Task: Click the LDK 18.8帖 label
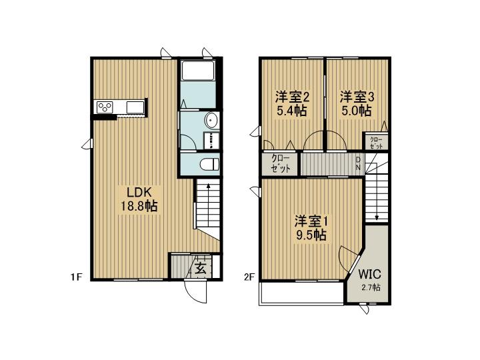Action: coord(139,199)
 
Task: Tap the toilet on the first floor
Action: coord(209,164)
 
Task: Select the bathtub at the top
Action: coord(198,71)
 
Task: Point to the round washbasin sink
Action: coord(212,120)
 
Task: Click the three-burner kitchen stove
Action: coord(105,107)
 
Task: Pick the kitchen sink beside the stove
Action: coord(135,107)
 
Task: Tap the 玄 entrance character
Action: coord(201,269)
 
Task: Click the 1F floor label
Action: coord(77,277)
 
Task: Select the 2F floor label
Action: coord(249,277)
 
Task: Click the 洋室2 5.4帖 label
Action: coord(292,104)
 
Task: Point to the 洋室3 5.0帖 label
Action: coord(357,104)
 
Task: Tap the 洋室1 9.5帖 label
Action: coord(311,228)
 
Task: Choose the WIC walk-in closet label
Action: coord(369,274)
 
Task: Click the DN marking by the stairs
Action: coord(358,164)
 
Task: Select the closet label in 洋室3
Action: coord(376,143)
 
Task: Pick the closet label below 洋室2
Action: coord(281,164)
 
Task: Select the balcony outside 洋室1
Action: coord(301,293)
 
